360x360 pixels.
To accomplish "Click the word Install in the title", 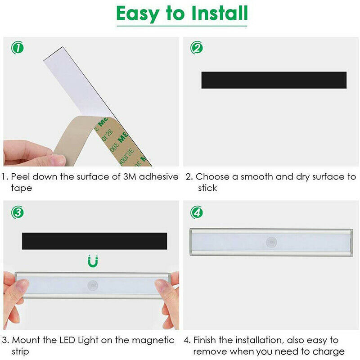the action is point(220,13).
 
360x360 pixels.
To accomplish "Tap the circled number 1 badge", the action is point(18,48).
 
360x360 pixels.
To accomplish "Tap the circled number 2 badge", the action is point(197,48).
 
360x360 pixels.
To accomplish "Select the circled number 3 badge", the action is point(18,212).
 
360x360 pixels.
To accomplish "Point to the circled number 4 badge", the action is point(197,212).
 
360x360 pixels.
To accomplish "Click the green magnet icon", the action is point(93,261).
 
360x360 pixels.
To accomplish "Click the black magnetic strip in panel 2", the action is point(274,80).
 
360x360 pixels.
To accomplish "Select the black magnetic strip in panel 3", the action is point(94,241).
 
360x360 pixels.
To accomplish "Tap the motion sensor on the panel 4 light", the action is point(271,242).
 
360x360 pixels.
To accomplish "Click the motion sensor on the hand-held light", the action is point(93,286).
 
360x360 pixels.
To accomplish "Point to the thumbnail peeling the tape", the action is point(58,160).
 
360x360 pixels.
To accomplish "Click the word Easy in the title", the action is point(137,14).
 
